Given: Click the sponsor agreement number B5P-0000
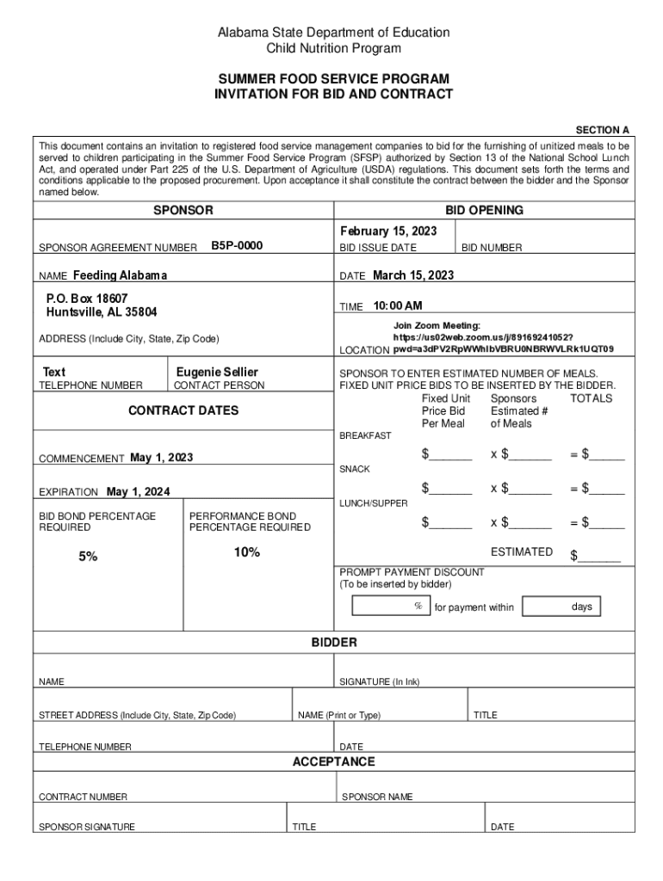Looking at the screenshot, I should coord(237,246).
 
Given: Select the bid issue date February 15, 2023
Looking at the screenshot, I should coord(388,231).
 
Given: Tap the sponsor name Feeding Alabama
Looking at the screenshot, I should coord(120,275).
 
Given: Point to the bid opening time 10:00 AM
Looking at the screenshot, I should coord(397,306).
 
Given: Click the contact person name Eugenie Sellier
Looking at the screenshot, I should coord(217,372).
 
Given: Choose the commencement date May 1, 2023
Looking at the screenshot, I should coord(161,458).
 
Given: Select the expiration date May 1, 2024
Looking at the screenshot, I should coord(138,492).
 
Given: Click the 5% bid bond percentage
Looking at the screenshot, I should coord(88,557).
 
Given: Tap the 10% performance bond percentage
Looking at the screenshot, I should coord(246,552).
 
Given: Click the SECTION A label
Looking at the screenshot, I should coord(602,130).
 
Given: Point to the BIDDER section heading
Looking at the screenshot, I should coord(333,643).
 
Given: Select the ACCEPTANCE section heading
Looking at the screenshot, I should coord(333,761).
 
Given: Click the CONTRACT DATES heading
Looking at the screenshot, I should coord(183,410).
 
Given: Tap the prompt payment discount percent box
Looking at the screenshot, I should coord(390,607).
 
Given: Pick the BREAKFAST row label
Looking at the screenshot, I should coord(365,435).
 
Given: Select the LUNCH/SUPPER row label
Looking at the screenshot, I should coord(373,502).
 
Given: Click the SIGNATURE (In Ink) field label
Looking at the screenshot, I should coord(379,682).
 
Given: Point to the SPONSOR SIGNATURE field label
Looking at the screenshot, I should coord(86,827).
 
